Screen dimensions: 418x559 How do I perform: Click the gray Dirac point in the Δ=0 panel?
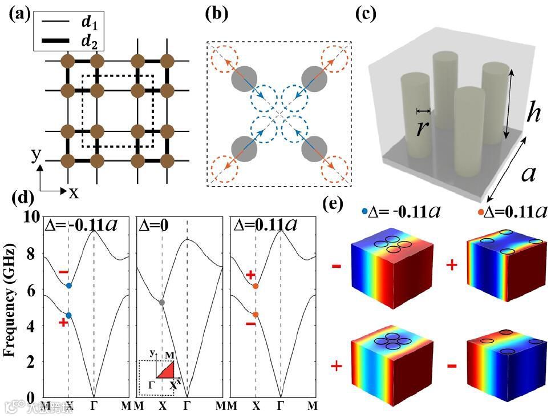[x=162, y=302]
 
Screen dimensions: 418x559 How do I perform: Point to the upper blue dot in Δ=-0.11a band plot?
[x=69, y=286]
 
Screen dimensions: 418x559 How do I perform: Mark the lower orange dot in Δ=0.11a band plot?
[x=256, y=315]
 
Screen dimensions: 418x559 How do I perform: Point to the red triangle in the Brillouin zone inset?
[x=166, y=371]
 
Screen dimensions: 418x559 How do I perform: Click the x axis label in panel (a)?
[x=74, y=192]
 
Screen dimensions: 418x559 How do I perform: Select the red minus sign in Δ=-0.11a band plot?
[x=63, y=271]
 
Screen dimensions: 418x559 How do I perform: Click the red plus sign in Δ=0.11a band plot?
[x=250, y=275]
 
